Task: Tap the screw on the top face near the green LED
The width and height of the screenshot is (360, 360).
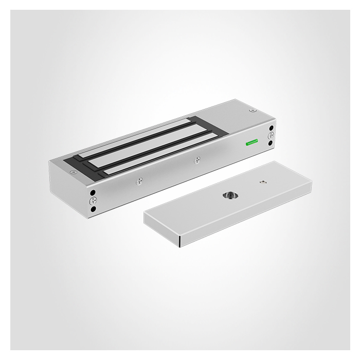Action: tap(253, 110)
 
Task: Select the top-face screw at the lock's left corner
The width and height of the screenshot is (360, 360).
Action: tap(74, 172)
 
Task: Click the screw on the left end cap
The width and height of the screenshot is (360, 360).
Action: tap(93, 201)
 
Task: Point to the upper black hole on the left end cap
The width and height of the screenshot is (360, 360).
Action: tap(93, 192)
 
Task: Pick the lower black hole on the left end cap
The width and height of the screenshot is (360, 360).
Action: tap(93, 209)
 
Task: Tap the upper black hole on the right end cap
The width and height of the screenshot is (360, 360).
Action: tap(271, 128)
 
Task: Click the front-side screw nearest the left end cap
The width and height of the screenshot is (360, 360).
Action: tap(139, 181)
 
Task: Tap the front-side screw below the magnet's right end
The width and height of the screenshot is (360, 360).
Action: tap(197, 160)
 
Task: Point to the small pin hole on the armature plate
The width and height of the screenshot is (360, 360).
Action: tap(263, 181)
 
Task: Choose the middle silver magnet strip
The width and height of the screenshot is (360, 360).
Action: tap(154, 147)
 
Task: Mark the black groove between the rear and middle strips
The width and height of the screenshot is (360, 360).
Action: tap(149, 141)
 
